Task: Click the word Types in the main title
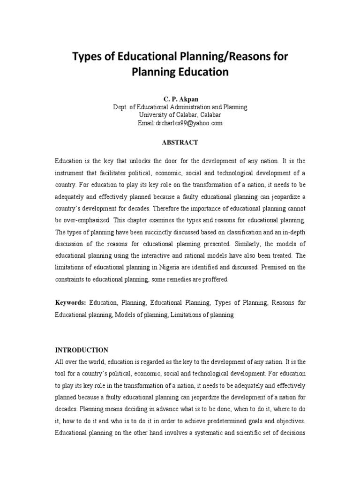pyautogui.click(x=87, y=57)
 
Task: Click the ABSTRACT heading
pyautogui.click(x=180, y=142)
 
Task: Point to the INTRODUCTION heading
pyautogui.click(x=82, y=350)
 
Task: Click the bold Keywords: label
pyautogui.click(x=70, y=303)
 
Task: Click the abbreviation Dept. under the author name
pyautogui.click(x=120, y=107)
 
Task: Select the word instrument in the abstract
pyautogui.click(x=70, y=172)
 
